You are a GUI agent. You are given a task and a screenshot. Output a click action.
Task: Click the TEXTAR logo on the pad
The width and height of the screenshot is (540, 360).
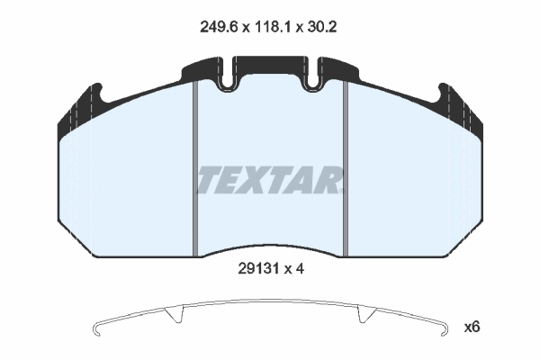click(x=270, y=180)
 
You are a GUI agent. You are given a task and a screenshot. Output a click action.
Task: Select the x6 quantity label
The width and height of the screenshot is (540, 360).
click(x=472, y=327)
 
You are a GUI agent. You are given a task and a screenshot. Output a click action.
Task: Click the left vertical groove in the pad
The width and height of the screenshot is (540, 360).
click(x=195, y=171)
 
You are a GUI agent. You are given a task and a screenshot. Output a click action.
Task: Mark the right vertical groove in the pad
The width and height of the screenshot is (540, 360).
click(x=346, y=171)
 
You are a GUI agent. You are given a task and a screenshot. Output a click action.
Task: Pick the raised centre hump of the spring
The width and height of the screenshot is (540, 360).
click(x=270, y=301)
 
